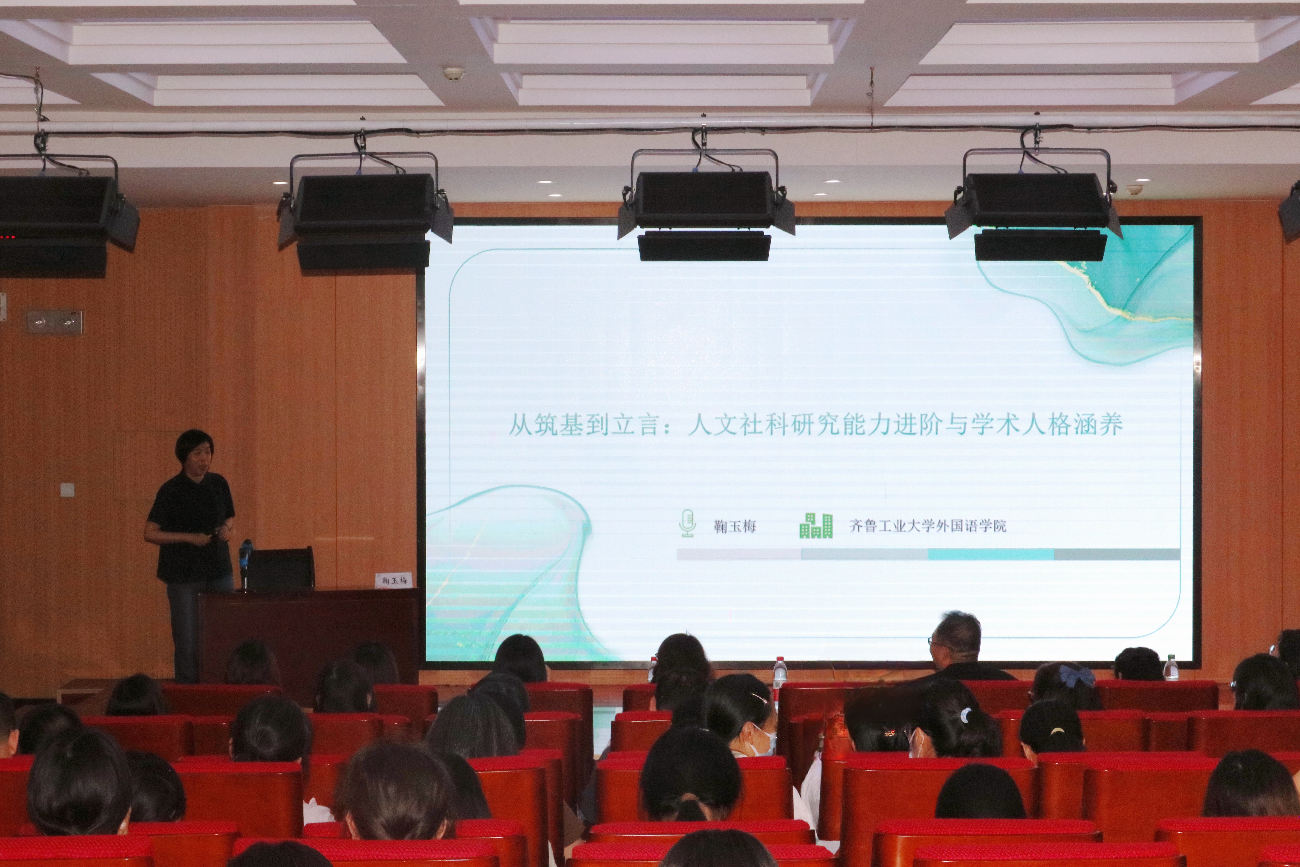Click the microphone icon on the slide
(687, 523)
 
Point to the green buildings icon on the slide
(816, 525)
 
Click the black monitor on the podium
(281, 568)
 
